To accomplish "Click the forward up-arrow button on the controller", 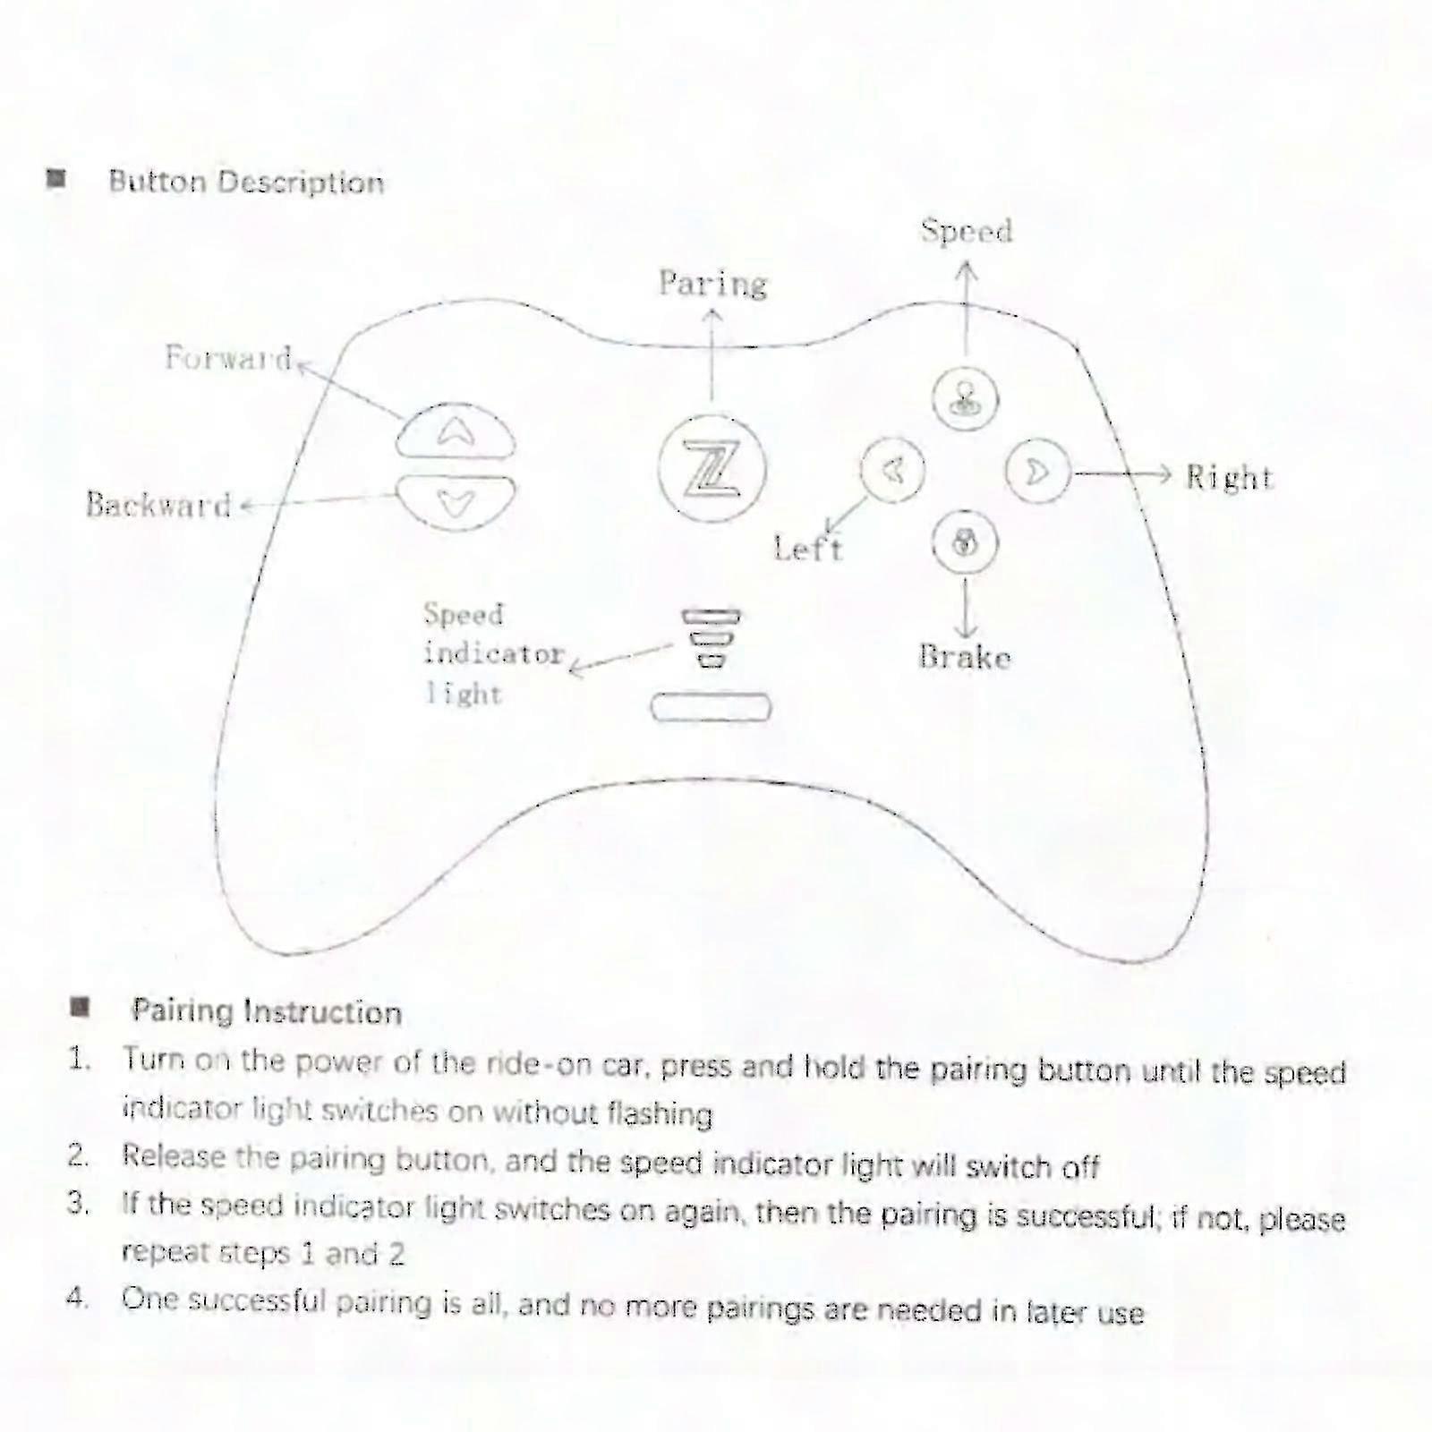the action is pos(456,430).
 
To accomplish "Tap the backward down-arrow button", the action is pos(456,502).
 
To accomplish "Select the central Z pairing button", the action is pos(712,468).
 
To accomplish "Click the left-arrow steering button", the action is pos(892,469).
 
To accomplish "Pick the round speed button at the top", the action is pos(965,399).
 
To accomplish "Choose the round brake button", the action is pos(965,542).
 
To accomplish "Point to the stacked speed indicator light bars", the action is pos(712,638).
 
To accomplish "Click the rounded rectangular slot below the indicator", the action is pos(711,707).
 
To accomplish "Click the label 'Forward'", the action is pos(228,358).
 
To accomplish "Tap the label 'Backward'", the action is pos(158,505).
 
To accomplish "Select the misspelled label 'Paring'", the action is pos(713,284).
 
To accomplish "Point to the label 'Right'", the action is pos(1229,477).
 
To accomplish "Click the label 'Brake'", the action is pos(965,657).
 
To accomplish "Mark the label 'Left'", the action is pos(808,547).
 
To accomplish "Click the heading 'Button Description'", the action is pos(246,182).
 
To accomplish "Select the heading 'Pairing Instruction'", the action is pos(267,1011).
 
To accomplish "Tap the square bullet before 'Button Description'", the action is pos(57,179).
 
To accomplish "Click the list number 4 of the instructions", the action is pos(78,1297).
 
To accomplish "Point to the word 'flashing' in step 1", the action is pos(660,1113).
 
